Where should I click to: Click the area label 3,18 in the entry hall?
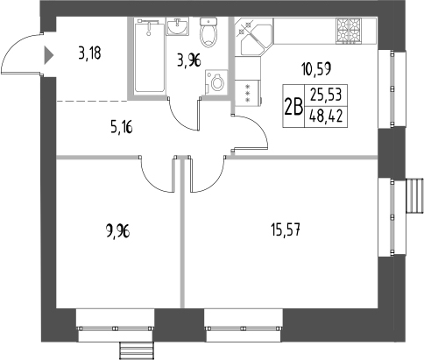pyautogui.click(x=88, y=53)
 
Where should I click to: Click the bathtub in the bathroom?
pyautogui.click(x=151, y=58)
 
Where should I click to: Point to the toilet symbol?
pyautogui.click(x=209, y=33)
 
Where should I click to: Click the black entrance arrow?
pyautogui.click(x=49, y=56)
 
